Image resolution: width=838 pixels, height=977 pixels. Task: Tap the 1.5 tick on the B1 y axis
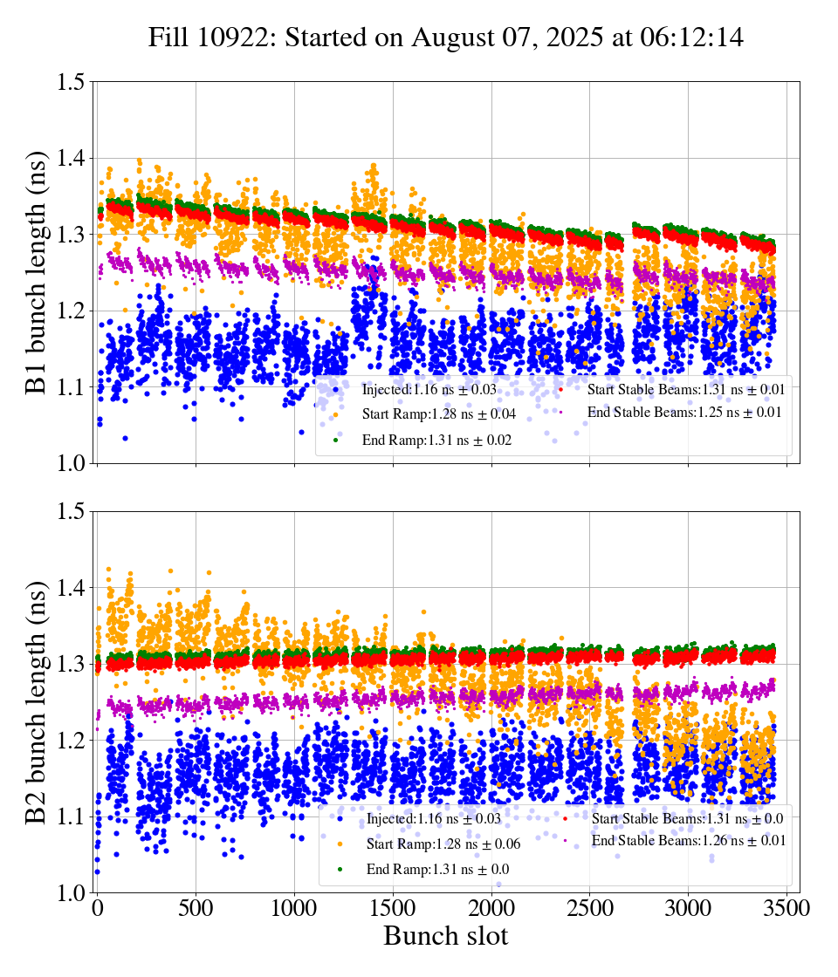[x=71, y=82]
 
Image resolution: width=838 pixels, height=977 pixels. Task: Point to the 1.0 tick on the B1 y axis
[x=71, y=463]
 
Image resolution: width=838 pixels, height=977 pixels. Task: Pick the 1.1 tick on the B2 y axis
[x=71, y=816]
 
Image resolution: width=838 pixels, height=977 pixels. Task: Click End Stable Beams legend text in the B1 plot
[x=684, y=412]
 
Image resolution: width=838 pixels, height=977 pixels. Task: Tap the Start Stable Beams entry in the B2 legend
[x=686, y=818]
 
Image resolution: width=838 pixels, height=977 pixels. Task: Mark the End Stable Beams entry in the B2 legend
[x=689, y=840]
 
